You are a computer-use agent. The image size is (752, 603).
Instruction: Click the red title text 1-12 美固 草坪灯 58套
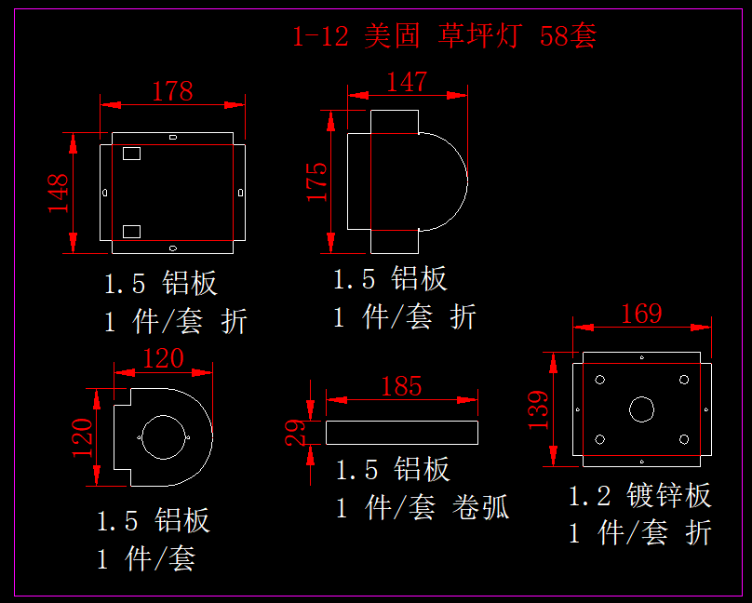pyautogui.click(x=444, y=36)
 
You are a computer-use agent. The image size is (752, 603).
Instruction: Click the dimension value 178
pyautogui.click(x=172, y=90)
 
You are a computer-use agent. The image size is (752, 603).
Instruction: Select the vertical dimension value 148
pyautogui.click(x=59, y=193)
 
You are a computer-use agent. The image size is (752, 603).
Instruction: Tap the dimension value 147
pyautogui.click(x=407, y=82)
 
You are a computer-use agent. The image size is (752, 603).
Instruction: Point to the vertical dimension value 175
pyautogui.click(x=317, y=181)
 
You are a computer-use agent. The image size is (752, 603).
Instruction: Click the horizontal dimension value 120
pyautogui.click(x=162, y=358)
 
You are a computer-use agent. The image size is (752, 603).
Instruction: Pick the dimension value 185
pyautogui.click(x=401, y=386)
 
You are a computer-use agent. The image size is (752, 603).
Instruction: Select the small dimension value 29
pyautogui.click(x=295, y=432)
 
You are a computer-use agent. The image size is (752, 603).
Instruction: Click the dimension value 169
pyautogui.click(x=641, y=314)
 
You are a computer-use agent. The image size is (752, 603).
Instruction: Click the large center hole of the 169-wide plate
pyautogui.click(x=641, y=409)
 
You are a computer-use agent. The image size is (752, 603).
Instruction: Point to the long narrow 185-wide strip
pyautogui.click(x=401, y=432)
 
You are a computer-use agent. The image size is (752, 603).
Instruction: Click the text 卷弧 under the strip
pyautogui.click(x=481, y=508)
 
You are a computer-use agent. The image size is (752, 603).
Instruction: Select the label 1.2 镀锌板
pyautogui.click(x=640, y=495)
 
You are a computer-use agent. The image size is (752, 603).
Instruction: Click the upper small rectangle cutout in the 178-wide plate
pyautogui.click(x=131, y=153)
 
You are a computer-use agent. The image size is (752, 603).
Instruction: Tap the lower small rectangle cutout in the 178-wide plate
pyautogui.click(x=131, y=230)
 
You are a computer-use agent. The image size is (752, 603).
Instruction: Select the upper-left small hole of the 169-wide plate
pyautogui.click(x=600, y=380)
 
